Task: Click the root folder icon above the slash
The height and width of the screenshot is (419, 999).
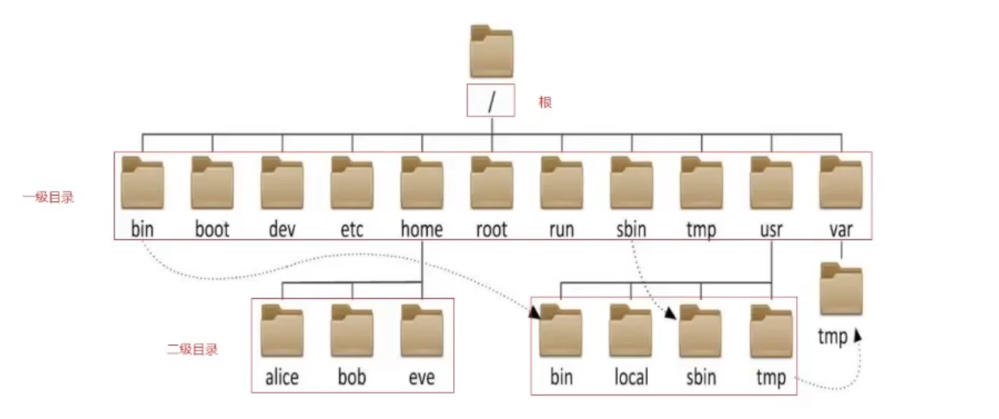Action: tap(491, 52)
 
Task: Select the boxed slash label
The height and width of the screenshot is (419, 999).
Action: tap(491, 101)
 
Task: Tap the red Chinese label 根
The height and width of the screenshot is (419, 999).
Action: tap(545, 102)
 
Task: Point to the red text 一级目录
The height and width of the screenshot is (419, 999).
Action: tap(49, 197)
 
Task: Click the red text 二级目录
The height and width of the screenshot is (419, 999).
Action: tap(192, 349)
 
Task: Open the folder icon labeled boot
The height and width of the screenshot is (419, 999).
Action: tap(212, 184)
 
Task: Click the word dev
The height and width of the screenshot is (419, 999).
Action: tap(282, 229)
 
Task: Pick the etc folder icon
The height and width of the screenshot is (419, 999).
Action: tap(352, 184)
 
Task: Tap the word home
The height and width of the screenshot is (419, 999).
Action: tap(422, 229)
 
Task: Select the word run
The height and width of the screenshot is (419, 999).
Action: tap(561, 229)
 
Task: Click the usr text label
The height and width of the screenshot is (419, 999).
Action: tap(771, 229)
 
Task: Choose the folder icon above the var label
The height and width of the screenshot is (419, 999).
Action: tap(841, 184)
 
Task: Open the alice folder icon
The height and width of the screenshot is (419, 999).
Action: tap(282, 331)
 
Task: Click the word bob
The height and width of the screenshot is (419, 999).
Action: tap(352, 377)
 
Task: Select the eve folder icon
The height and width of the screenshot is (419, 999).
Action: tap(422, 331)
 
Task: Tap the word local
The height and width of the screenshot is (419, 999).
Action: tap(631, 377)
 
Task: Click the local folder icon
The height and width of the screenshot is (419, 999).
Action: tap(631, 331)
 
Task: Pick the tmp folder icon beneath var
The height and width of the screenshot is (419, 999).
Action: tap(841, 290)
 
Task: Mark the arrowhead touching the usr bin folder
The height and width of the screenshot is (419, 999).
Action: tap(535, 312)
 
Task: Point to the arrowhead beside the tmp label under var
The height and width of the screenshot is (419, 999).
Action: tap(857, 335)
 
